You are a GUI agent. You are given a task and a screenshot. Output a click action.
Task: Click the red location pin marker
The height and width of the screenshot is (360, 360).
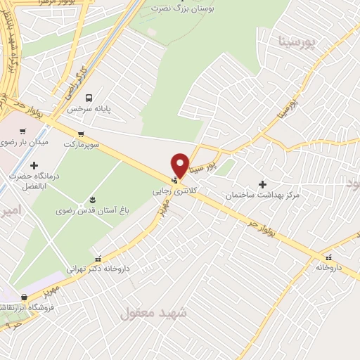pos(181,165)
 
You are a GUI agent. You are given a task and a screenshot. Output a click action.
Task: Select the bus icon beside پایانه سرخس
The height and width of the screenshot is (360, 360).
pos(89,98)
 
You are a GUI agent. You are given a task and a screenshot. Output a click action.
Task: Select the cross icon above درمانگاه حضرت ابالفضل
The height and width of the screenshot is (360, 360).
pos(34,165)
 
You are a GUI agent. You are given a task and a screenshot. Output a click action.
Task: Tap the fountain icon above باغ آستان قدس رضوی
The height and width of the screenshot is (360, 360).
pos(93,200)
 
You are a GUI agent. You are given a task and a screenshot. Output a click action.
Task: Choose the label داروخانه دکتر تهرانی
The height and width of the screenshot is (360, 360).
pos(99,268)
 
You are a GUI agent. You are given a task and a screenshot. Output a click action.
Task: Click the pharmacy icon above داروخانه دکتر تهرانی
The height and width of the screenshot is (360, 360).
pos(98,257)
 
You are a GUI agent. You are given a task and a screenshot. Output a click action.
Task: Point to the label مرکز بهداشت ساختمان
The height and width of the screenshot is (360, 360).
pos(262,194)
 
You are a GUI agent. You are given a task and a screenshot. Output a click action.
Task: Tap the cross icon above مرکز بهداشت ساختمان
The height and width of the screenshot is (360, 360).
pos(262,184)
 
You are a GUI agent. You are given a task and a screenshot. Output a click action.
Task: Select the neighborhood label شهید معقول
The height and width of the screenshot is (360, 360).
pos(153,313)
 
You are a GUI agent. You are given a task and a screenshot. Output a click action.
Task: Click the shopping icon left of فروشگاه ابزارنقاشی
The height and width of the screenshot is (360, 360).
pos(25,297)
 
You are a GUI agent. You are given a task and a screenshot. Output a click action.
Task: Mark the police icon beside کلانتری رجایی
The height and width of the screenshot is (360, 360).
pos(175,179)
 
